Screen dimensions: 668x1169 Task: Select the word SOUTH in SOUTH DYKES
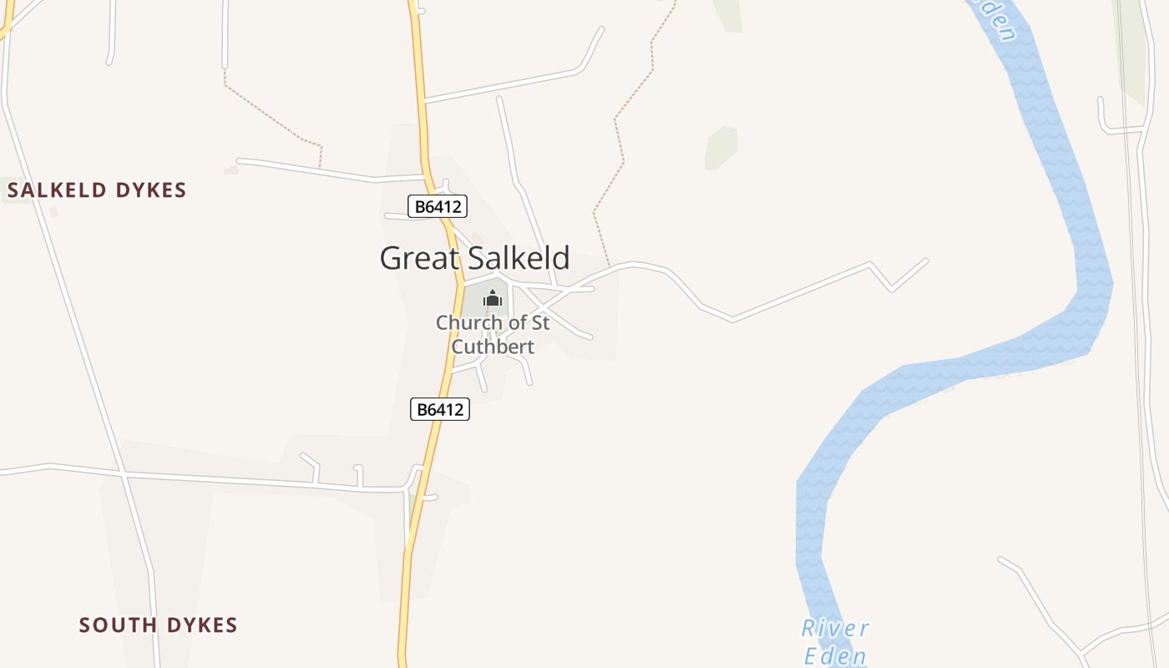119,625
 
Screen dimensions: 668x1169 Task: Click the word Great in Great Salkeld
418,258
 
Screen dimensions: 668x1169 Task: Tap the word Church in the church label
470,322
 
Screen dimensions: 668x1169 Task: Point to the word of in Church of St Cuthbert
518,322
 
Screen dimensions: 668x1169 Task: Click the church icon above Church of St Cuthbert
493,298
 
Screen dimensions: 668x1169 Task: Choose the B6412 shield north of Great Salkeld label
437,206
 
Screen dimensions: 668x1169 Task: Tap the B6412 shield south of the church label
440,409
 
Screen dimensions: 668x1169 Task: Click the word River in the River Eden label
835,629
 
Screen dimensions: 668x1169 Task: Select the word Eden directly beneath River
835,655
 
